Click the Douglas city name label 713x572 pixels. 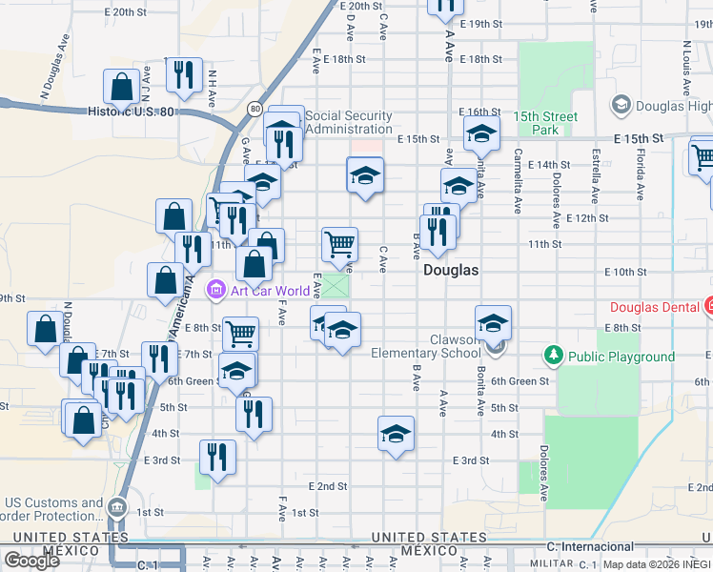pos(451,270)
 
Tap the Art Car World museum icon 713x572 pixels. pos(215,290)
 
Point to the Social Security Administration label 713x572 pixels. pos(350,122)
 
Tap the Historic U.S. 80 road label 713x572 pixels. pos(131,112)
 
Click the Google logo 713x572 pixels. pos(31,561)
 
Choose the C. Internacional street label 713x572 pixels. pos(590,546)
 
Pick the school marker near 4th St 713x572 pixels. pos(396,434)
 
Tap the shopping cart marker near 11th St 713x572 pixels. pos(339,244)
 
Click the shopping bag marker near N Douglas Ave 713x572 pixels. pos(47,328)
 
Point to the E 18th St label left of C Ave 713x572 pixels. pos(344,59)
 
